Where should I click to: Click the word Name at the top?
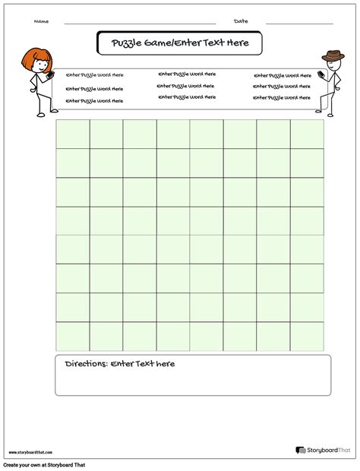coord(42,21)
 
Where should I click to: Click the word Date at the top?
coord(241,21)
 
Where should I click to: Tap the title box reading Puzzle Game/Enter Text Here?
coord(179,43)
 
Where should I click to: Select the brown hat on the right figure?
coord(332,55)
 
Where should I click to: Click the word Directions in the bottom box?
coord(85,364)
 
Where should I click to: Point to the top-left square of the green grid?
coord(72,134)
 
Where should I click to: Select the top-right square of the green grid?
coord(307,134)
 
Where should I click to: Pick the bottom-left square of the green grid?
coord(72,336)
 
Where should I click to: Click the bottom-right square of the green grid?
coord(307,336)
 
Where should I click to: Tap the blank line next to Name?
coord(141,24)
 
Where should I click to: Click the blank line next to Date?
coord(299,24)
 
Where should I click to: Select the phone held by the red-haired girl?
coord(52,76)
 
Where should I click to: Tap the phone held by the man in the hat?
coord(321,75)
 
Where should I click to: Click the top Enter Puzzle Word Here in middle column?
coord(187,74)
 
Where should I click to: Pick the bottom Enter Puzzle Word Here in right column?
coord(283,99)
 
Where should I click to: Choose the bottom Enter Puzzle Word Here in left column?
coord(94,100)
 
